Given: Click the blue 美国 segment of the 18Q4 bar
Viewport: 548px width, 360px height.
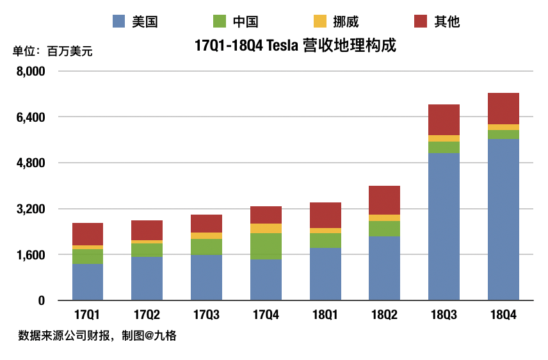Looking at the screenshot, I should click(503, 219).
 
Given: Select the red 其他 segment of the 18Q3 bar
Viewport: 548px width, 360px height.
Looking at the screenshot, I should click(444, 119).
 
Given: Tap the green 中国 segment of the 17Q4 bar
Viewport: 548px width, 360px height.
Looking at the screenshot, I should click(266, 246).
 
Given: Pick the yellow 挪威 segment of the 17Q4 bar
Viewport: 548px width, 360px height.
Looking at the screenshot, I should click(266, 228).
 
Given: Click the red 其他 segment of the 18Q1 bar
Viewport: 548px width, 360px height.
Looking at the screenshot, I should click(325, 215).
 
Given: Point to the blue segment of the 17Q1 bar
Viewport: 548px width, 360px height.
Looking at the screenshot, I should click(88, 282).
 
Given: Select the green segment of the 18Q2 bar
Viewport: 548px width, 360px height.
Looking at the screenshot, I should click(384, 229).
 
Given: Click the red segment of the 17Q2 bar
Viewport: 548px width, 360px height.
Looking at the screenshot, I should click(147, 230).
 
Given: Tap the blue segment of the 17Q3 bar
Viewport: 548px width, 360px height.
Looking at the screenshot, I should click(206, 277).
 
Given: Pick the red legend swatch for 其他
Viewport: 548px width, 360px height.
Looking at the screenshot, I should click(420, 22).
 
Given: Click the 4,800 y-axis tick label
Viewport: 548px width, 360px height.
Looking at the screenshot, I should click(31, 163).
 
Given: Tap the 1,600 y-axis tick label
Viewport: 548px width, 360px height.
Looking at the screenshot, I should click(31, 255).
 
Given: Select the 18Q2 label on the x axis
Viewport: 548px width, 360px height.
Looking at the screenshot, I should click(384, 315).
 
